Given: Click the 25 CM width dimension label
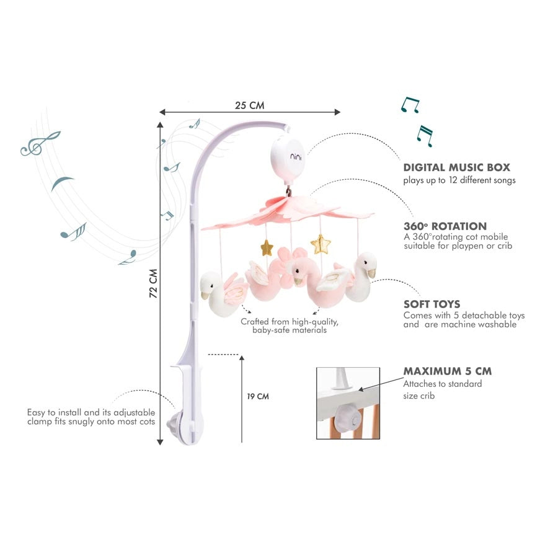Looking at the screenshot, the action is click(249, 105).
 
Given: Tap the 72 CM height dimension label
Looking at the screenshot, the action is click(153, 283).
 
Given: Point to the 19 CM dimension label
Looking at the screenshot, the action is click(258, 396).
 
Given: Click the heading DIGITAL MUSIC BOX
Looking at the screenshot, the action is click(456, 167).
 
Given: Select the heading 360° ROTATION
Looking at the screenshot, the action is click(445, 226).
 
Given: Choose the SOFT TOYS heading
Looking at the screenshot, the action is click(432, 304).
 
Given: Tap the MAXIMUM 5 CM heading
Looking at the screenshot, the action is click(447, 371).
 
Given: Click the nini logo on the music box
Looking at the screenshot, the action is click(296, 156).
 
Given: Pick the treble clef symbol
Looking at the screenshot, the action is click(40, 144).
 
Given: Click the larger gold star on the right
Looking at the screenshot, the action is click(321, 244).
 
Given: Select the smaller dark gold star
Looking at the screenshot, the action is click(266, 247).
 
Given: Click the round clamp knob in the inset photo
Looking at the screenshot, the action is click(348, 419).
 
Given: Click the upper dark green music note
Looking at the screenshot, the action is click(410, 105).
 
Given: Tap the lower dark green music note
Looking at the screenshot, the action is click(425, 136).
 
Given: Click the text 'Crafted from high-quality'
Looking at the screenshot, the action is click(290, 322).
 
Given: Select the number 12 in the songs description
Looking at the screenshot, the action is click(453, 180).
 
